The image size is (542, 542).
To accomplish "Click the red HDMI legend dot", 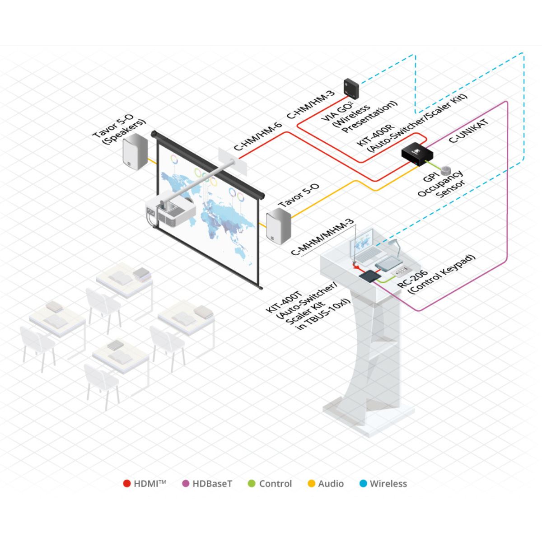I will coord(127,484).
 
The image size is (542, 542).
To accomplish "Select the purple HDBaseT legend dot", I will coord(185,484).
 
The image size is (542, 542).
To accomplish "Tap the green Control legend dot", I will coord(252,484).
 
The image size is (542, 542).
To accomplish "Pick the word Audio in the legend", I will coord(331,484).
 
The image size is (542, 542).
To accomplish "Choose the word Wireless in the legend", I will coord(388,484).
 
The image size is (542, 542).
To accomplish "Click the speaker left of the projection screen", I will coord(135,150).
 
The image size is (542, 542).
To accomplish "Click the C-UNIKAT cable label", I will coord(469,131).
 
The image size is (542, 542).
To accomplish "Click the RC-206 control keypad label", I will coord(436,276).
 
